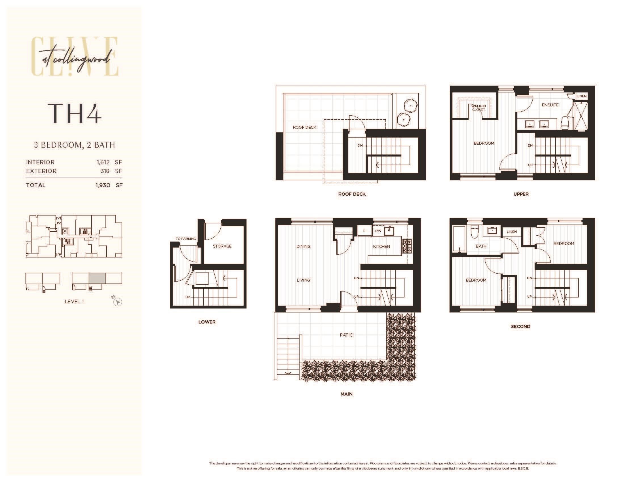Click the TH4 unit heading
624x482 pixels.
pyautogui.click(x=74, y=113)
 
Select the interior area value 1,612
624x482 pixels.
pyautogui.click(x=103, y=162)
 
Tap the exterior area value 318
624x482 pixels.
pyautogui.click(x=105, y=171)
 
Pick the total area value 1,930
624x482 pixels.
pyautogui.click(x=103, y=185)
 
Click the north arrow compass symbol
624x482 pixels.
pyautogui.click(x=117, y=301)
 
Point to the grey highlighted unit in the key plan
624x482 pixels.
pyautogui.click(x=97, y=278)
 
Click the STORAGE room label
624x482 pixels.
pyautogui.click(x=222, y=246)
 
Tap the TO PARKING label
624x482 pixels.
pyautogui.click(x=186, y=239)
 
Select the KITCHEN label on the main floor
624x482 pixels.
pyautogui.click(x=381, y=246)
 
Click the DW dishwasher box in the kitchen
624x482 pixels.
pyautogui.click(x=378, y=231)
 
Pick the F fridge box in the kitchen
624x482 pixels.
pyautogui.click(x=364, y=231)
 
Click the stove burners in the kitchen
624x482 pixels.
pyautogui.click(x=407, y=246)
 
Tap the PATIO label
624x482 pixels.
pyautogui.click(x=347, y=335)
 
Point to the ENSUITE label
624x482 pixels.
pyautogui.click(x=550, y=105)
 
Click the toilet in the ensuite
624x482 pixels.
pyautogui.click(x=565, y=123)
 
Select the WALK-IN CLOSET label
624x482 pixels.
pyautogui.click(x=478, y=108)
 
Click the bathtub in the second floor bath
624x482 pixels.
pyautogui.click(x=459, y=239)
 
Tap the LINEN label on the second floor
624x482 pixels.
pyautogui.click(x=511, y=232)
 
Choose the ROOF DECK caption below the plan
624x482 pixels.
pyautogui.click(x=352, y=194)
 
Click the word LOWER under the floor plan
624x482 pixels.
pyautogui.click(x=207, y=322)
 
